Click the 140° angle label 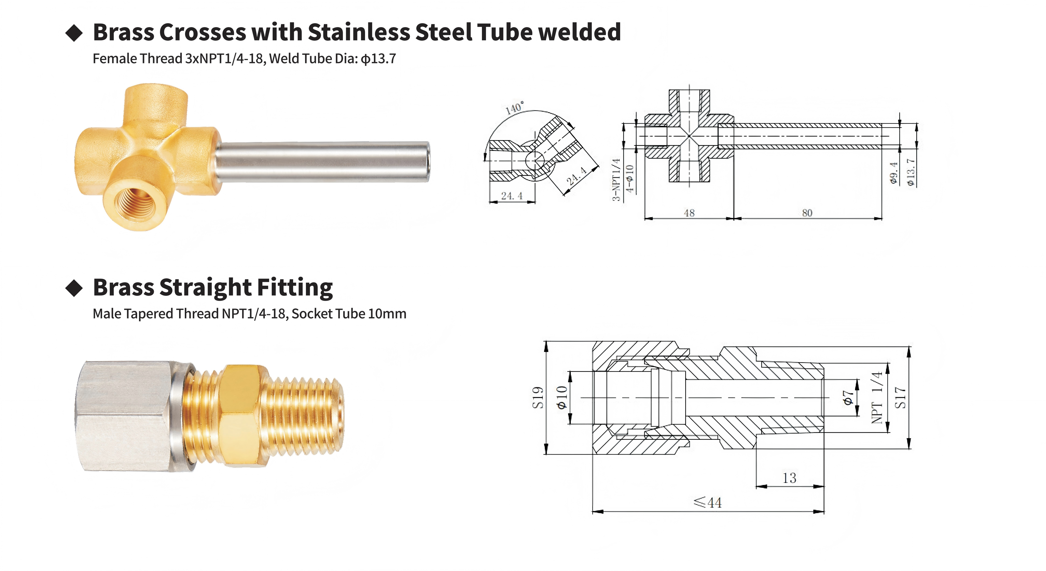tap(515, 107)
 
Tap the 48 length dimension tap(689, 213)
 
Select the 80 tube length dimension tap(807, 213)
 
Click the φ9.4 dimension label tap(893, 173)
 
